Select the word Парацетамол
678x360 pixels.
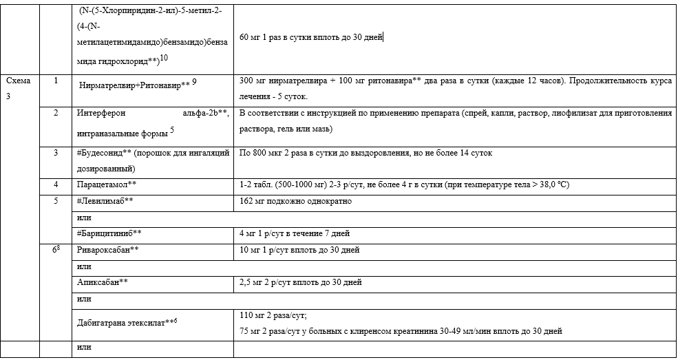pyautogui.click(x=103, y=184)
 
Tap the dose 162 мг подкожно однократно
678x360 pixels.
pyautogui.click(x=295, y=201)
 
